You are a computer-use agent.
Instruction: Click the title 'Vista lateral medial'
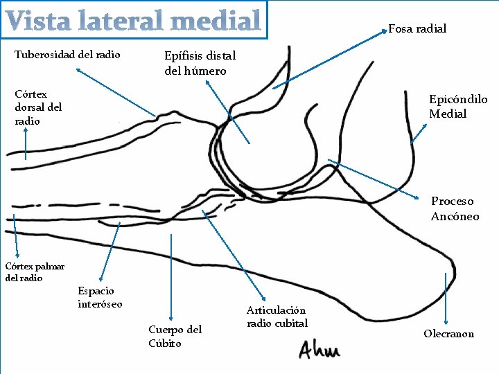point(134,21)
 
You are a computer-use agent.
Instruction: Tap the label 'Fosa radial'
point(417,28)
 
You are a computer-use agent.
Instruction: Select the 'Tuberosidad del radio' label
point(67,55)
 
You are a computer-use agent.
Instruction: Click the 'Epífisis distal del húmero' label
point(200,63)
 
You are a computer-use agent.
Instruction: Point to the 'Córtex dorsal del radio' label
point(38,107)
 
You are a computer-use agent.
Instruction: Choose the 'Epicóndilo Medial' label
point(457,107)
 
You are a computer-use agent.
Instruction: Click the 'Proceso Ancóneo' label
point(455,208)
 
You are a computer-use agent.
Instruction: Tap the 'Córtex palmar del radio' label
point(35,271)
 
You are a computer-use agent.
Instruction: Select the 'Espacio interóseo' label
point(100,297)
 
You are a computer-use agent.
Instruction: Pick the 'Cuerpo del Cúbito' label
point(175,336)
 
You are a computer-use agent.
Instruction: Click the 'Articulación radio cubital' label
point(277,317)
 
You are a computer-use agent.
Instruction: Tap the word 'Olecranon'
point(448,334)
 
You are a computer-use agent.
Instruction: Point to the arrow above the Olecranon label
point(446,298)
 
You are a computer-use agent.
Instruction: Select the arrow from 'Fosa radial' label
point(329,60)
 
